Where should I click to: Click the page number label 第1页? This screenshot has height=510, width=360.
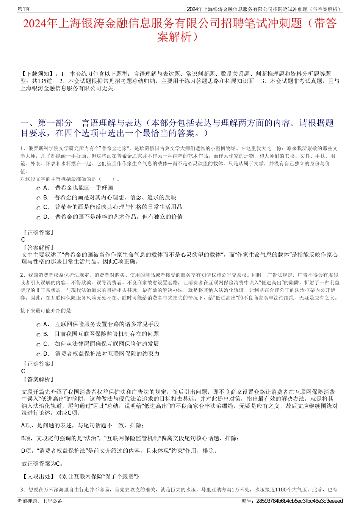click(x=23, y=9)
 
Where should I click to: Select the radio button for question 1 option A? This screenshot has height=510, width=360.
click(x=38, y=188)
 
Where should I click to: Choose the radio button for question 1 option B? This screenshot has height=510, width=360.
click(x=38, y=198)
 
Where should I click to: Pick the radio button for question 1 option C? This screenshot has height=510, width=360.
click(x=38, y=208)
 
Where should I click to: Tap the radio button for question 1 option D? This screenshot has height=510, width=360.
click(x=38, y=218)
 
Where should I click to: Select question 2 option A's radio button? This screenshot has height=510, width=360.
click(x=38, y=325)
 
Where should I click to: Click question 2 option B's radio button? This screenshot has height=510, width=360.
click(x=38, y=335)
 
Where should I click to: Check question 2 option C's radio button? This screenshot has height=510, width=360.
click(x=38, y=345)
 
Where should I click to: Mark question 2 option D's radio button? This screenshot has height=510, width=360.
click(x=38, y=355)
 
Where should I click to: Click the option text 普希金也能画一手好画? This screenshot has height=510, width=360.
click(x=84, y=188)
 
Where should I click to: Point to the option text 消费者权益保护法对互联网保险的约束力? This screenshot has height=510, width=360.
click(x=107, y=354)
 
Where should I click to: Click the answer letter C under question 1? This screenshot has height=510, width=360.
click(x=23, y=240)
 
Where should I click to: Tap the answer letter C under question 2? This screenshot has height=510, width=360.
click(x=23, y=371)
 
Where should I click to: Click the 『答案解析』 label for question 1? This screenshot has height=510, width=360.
click(x=38, y=248)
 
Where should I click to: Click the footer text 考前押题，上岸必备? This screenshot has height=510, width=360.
click(x=40, y=501)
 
